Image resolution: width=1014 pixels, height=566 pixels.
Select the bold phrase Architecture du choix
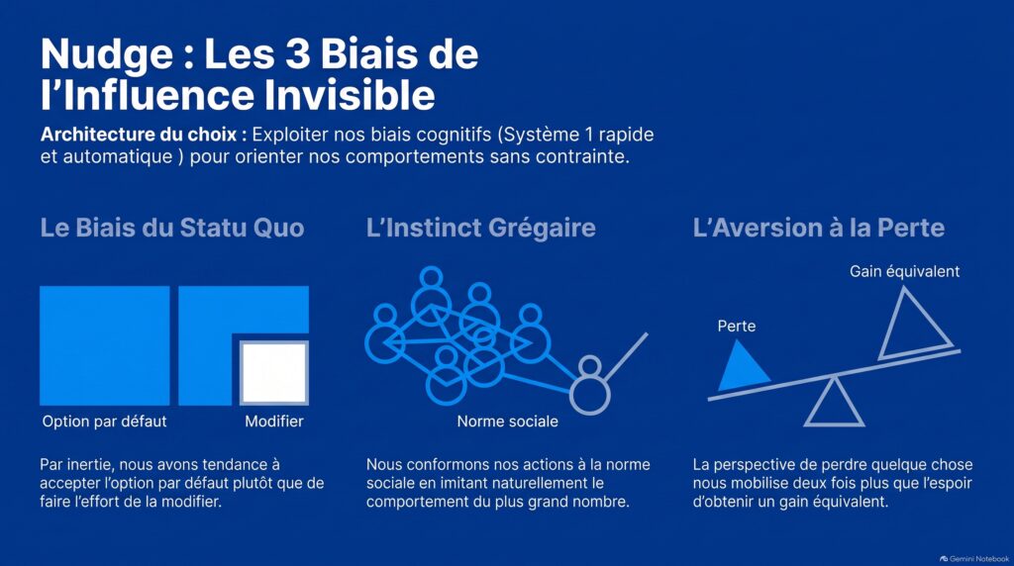tap(144, 135)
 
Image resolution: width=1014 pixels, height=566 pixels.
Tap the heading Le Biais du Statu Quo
tap(172, 228)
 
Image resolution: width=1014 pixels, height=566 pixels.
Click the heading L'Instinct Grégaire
tap(480, 228)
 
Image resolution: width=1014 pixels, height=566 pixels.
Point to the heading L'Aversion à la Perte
tap(818, 228)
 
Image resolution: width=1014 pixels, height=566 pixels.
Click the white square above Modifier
tap(274, 373)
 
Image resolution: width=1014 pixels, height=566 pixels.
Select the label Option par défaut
tap(104, 422)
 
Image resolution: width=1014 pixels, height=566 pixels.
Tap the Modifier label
tap(274, 422)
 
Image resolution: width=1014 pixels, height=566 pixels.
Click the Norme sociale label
tap(508, 422)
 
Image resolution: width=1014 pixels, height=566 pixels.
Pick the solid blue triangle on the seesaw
tap(742, 369)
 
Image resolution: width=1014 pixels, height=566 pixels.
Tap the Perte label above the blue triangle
tap(737, 326)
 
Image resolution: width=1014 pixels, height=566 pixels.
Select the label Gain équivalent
tap(905, 271)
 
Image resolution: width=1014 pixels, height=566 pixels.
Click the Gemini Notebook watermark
tap(974, 559)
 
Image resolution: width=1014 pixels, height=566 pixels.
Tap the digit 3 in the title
tap(298, 53)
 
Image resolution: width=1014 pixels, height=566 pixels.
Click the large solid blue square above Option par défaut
tap(105, 345)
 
